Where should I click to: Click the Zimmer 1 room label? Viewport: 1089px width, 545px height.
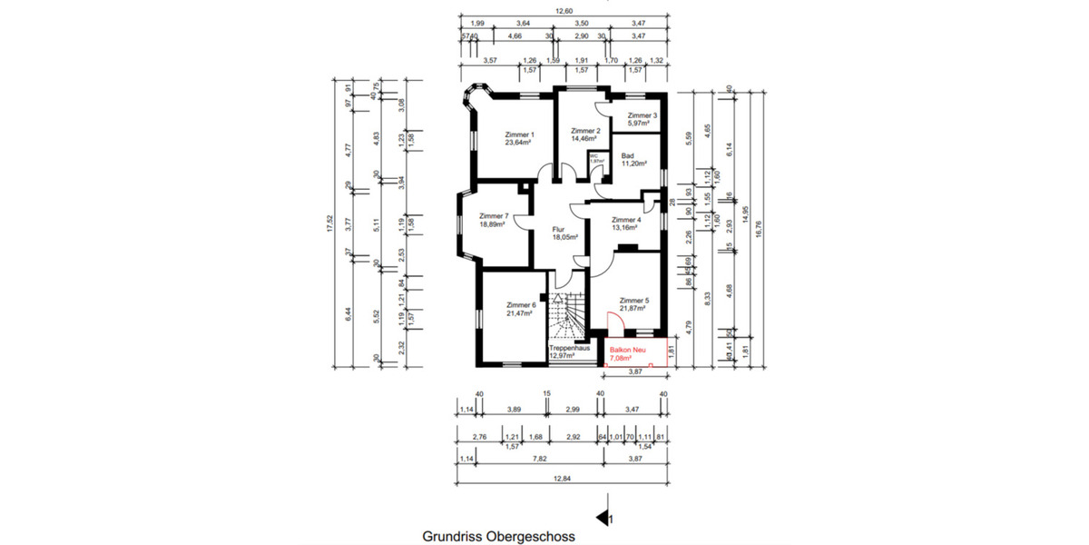tap(519, 134)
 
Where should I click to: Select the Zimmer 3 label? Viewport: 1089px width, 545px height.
tap(643, 115)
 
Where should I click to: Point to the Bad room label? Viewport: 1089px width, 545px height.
tap(628, 155)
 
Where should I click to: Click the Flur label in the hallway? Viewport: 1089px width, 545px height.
tap(559, 230)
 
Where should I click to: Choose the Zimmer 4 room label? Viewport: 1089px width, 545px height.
tap(626, 220)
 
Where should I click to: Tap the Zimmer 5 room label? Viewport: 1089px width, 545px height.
tap(634, 300)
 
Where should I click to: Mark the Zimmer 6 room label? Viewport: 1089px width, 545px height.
tap(521, 304)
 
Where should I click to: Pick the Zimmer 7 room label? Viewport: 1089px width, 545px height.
tap(493, 216)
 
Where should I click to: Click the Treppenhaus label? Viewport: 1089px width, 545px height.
tap(570, 348)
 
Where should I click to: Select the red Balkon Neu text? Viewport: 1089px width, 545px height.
tap(626, 348)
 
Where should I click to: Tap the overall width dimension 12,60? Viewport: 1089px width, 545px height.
tap(564, 11)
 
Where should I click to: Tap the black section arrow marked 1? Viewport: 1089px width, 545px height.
tap(602, 519)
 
